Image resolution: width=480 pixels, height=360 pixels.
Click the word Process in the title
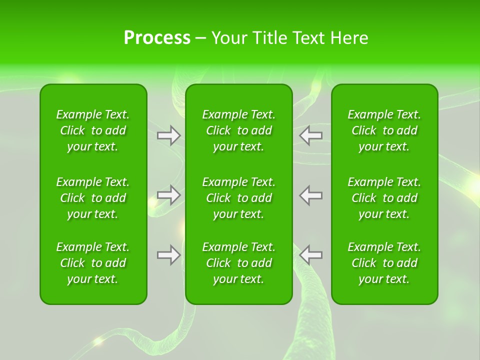[157, 38]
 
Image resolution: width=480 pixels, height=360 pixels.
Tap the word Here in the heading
[349, 38]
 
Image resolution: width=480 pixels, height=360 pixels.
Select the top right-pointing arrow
[169, 135]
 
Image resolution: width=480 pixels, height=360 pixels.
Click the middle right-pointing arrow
[169, 195]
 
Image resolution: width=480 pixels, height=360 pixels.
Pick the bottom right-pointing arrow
[169, 255]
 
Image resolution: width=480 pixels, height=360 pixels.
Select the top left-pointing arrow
[310, 135]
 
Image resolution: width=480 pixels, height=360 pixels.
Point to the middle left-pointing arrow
[310, 195]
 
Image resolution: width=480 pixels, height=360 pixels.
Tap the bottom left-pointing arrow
[310, 255]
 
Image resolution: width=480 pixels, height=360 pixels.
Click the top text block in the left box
[93, 130]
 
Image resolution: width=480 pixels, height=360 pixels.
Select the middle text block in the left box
[93, 198]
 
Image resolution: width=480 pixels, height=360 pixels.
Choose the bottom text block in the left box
[93, 263]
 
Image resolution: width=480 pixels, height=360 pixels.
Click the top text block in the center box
[239, 130]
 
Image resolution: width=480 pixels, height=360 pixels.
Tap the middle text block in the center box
[239, 198]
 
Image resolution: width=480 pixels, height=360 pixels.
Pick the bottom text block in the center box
[239, 263]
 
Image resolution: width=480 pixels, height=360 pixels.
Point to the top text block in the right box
[384, 130]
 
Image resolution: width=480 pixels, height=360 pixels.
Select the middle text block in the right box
[384, 198]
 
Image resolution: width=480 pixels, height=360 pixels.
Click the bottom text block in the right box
[384, 263]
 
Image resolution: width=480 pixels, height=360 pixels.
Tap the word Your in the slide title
[229, 38]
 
